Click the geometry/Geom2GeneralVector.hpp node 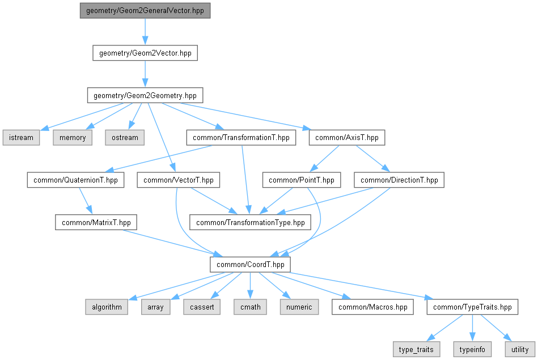(x=145, y=11)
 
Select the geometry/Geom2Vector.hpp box (x=145, y=53)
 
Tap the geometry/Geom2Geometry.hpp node (x=145, y=95)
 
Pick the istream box (x=22, y=138)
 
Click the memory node (x=73, y=138)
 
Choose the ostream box (x=125, y=138)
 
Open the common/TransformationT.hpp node (x=241, y=138)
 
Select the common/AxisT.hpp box (x=347, y=138)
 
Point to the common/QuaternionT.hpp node (x=75, y=180)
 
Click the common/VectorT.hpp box (x=179, y=180)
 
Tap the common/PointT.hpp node (x=302, y=180)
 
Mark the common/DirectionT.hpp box (x=399, y=180)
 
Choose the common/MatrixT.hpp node (x=96, y=222)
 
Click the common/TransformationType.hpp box (x=251, y=222)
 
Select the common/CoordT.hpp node (x=251, y=265)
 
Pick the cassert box (x=202, y=307)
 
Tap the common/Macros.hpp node (x=372, y=307)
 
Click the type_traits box (x=416, y=349)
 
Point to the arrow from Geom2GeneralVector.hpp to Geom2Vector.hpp (x=145, y=32)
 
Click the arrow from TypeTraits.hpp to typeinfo (x=472, y=328)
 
